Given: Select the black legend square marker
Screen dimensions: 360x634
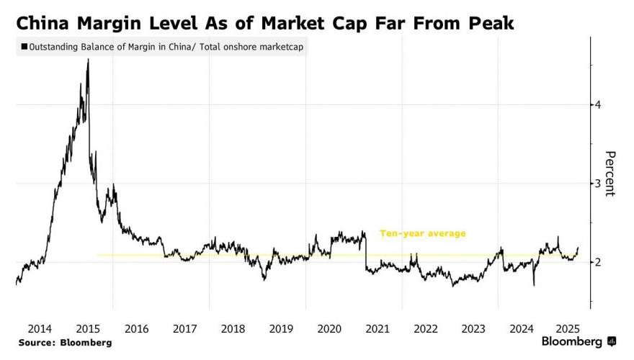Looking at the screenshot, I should click(24, 48).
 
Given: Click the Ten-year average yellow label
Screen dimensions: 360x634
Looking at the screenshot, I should click(423, 233).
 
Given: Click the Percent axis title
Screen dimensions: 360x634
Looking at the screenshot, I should click(610, 174).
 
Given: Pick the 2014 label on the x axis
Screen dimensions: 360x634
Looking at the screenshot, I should click(40, 328).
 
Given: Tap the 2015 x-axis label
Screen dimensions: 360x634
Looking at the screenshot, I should click(88, 328).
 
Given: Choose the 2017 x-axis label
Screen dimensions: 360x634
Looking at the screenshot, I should click(184, 328).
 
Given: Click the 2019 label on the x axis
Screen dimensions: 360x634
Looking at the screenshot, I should click(281, 328).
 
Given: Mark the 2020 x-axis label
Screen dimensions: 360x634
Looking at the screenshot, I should click(329, 328).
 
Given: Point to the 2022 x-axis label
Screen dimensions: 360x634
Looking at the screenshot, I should click(426, 328).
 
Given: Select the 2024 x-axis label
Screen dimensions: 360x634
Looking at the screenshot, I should click(522, 328).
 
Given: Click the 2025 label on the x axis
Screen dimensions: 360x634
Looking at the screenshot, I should click(570, 328).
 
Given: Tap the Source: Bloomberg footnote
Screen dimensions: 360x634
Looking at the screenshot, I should click(65, 343).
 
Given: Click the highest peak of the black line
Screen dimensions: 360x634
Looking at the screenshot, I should click(88, 60).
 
